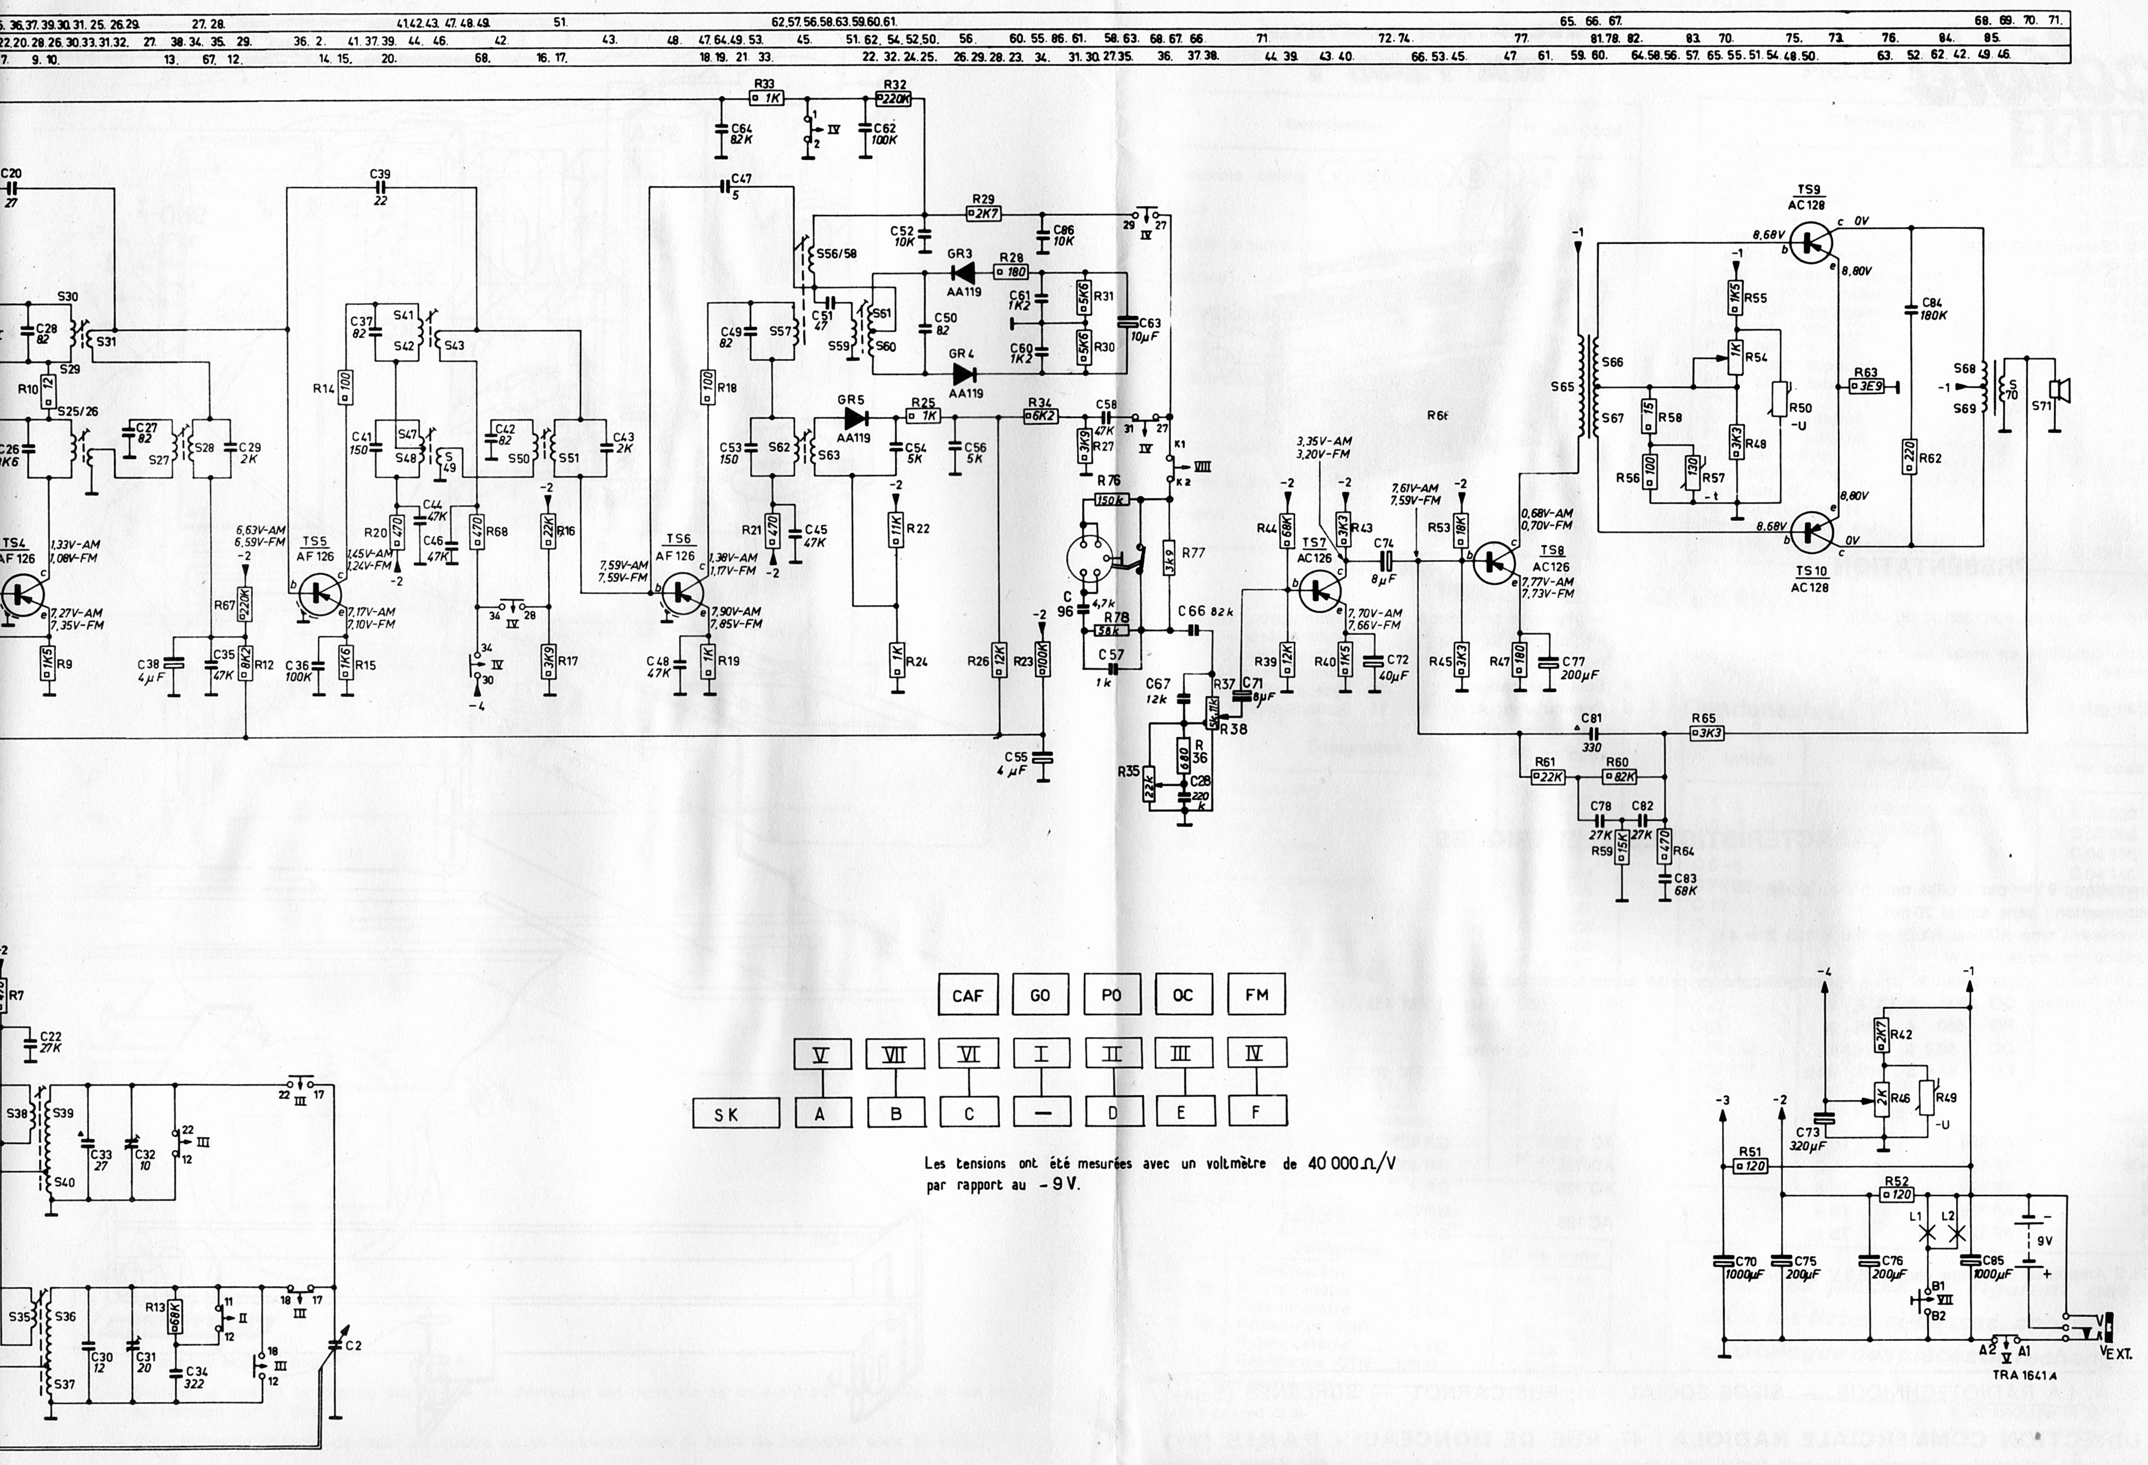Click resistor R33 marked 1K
point(765,98)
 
